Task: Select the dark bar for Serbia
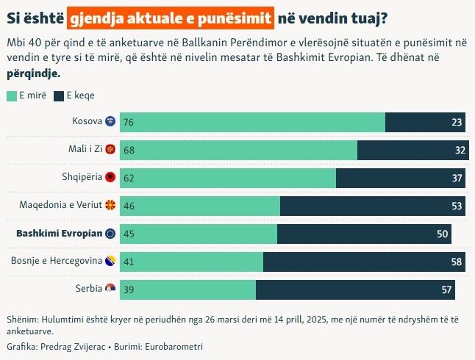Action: (x=355, y=289)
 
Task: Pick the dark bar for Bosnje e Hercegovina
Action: (x=364, y=262)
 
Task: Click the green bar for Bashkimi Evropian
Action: (x=199, y=234)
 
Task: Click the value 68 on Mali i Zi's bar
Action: (x=129, y=151)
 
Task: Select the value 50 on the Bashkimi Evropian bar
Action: (x=443, y=234)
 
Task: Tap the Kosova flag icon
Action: (x=110, y=121)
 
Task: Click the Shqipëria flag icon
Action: (x=110, y=177)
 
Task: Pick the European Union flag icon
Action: (x=110, y=233)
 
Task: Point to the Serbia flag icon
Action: (x=110, y=289)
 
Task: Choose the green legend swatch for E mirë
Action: (x=11, y=96)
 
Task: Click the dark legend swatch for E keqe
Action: (x=59, y=96)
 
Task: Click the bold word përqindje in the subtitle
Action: (x=34, y=74)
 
